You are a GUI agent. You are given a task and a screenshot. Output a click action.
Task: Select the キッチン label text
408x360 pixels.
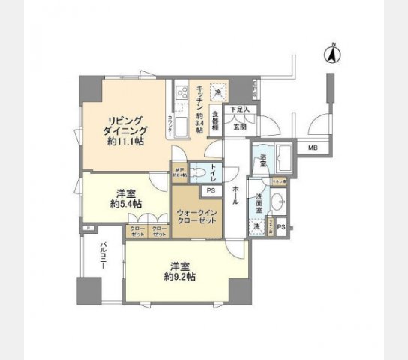pos(200,97)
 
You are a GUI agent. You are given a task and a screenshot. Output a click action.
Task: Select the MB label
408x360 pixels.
pos(313,148)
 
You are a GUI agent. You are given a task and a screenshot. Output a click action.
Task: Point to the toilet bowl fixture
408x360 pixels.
pos(198,173)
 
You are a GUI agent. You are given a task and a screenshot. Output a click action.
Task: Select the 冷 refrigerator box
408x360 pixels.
pos(218,91)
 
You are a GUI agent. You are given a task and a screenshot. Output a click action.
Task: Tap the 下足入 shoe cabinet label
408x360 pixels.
pos(239,110)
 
